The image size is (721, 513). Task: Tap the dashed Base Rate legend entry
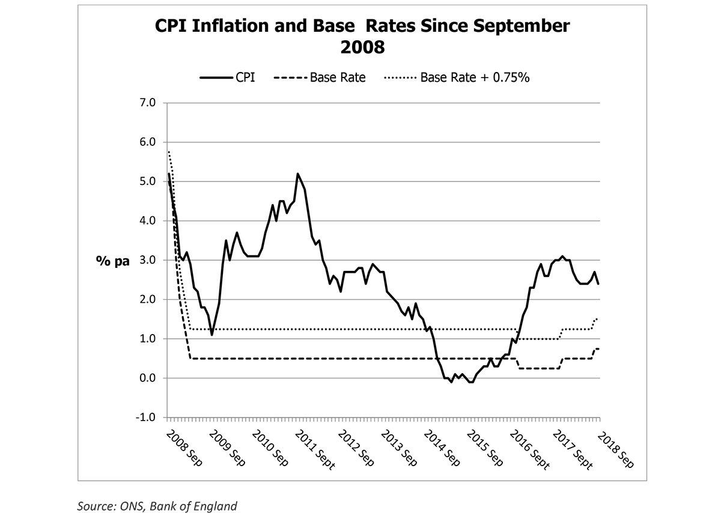click(x=319, y=77)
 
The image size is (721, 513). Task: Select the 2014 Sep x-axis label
click(x=445, y=447)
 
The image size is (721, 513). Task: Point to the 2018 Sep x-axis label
click(x=616, y=447)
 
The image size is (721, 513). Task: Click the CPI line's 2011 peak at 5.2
click(x=297, y=174)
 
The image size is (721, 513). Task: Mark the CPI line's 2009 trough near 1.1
click(x=212, y=335)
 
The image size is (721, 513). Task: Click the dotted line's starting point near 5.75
click(x=169, y=152)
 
